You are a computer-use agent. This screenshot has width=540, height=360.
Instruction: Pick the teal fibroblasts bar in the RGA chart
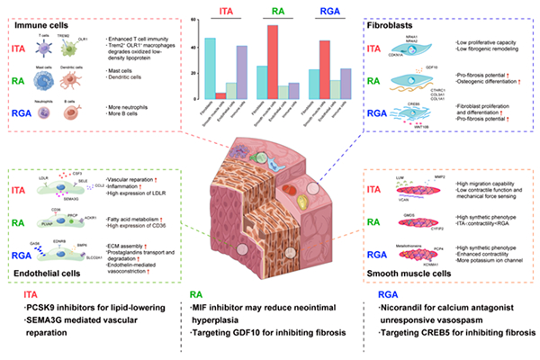click(x=291, y=82)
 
